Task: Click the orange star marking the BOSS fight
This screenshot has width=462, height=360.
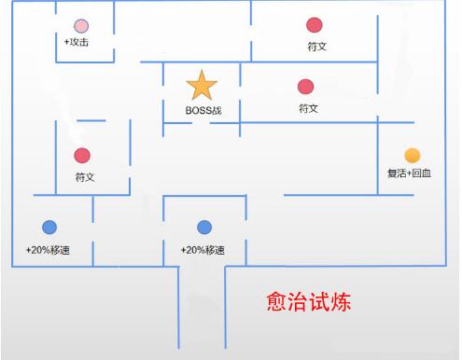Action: (202, 86)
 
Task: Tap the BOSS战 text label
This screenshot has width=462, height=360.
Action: (204, 111)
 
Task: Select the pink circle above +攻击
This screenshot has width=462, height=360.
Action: (82, 25)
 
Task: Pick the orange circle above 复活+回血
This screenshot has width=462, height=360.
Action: (412, 155)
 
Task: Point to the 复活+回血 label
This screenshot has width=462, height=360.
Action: (410, 173)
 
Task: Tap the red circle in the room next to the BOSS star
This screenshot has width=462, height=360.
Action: (305, 87)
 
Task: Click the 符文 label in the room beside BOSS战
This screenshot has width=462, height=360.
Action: (309, 108)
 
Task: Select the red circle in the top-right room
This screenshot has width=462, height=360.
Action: (315, 24)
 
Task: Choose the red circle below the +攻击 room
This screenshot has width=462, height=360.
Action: (82, 155)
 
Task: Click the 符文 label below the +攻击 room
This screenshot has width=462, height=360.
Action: (85, 176)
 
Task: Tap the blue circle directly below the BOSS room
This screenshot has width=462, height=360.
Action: (205, 227)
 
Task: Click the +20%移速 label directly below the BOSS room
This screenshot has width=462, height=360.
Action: (203, 250)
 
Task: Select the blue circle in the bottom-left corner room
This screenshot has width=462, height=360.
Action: (49, 227)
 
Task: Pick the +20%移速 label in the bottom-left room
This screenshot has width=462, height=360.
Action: (49, 250)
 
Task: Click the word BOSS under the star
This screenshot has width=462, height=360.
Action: (197, 111)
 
